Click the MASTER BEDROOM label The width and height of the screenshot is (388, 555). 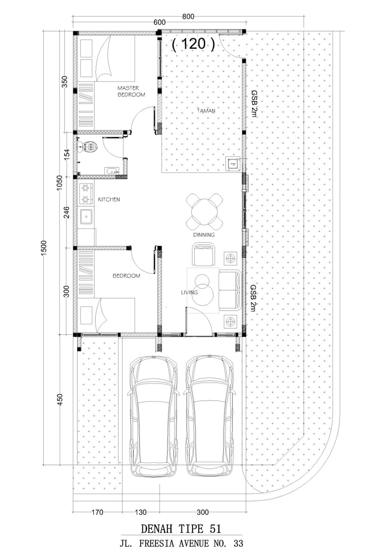point(131,91)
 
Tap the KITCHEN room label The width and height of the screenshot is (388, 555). point(109,199)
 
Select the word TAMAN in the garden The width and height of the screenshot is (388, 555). point(206,111)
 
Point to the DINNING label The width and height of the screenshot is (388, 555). point(204,235)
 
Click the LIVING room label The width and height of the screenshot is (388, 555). point(189,292)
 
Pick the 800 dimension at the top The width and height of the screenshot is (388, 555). point(188,17)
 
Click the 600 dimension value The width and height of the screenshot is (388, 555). point(160,22)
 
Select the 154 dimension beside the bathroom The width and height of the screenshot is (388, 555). point(67,155)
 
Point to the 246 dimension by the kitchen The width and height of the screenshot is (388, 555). point(67,212)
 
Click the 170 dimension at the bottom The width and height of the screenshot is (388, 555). point(97,512)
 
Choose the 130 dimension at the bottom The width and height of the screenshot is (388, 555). point(141,512)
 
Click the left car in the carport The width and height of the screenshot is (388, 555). point(153,417)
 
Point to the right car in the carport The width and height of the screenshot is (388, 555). point(209,417)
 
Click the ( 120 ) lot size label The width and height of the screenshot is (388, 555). point(193,44)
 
